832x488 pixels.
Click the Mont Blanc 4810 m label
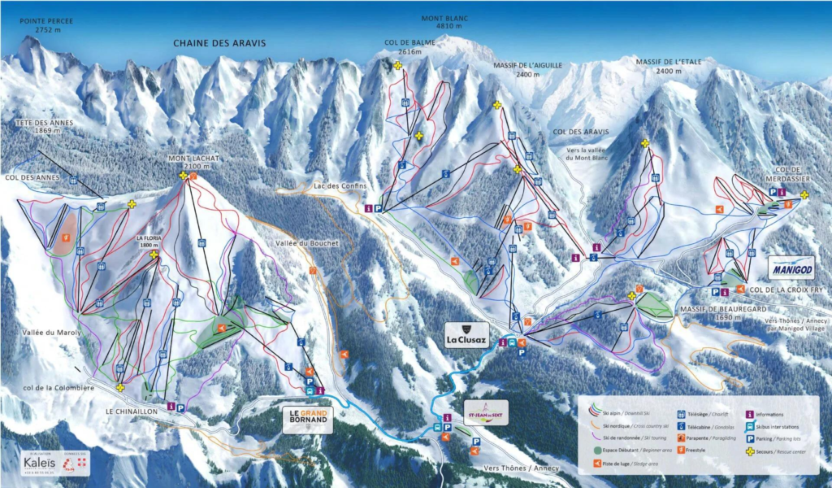click(x=442, y=22)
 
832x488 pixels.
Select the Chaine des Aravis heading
click(x=219, y=43)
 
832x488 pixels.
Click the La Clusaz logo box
click(x=466, y=333)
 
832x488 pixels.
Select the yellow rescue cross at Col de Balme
click(x=398, y=65)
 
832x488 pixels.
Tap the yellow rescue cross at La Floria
click(x=154, y=255)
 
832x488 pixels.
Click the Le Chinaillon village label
click(x=131, y=412)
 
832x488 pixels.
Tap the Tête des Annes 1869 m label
click(x=44, y=127)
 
